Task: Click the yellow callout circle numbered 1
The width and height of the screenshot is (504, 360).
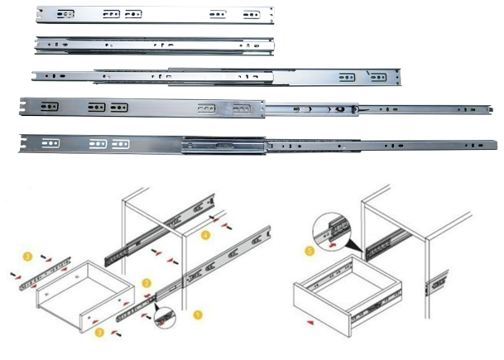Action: pos(197,314)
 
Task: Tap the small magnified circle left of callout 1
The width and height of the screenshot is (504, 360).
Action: pos(165,315)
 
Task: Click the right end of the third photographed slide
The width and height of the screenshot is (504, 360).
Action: pos(397,79)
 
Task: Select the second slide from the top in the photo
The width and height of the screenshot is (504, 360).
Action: pos(153,45)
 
